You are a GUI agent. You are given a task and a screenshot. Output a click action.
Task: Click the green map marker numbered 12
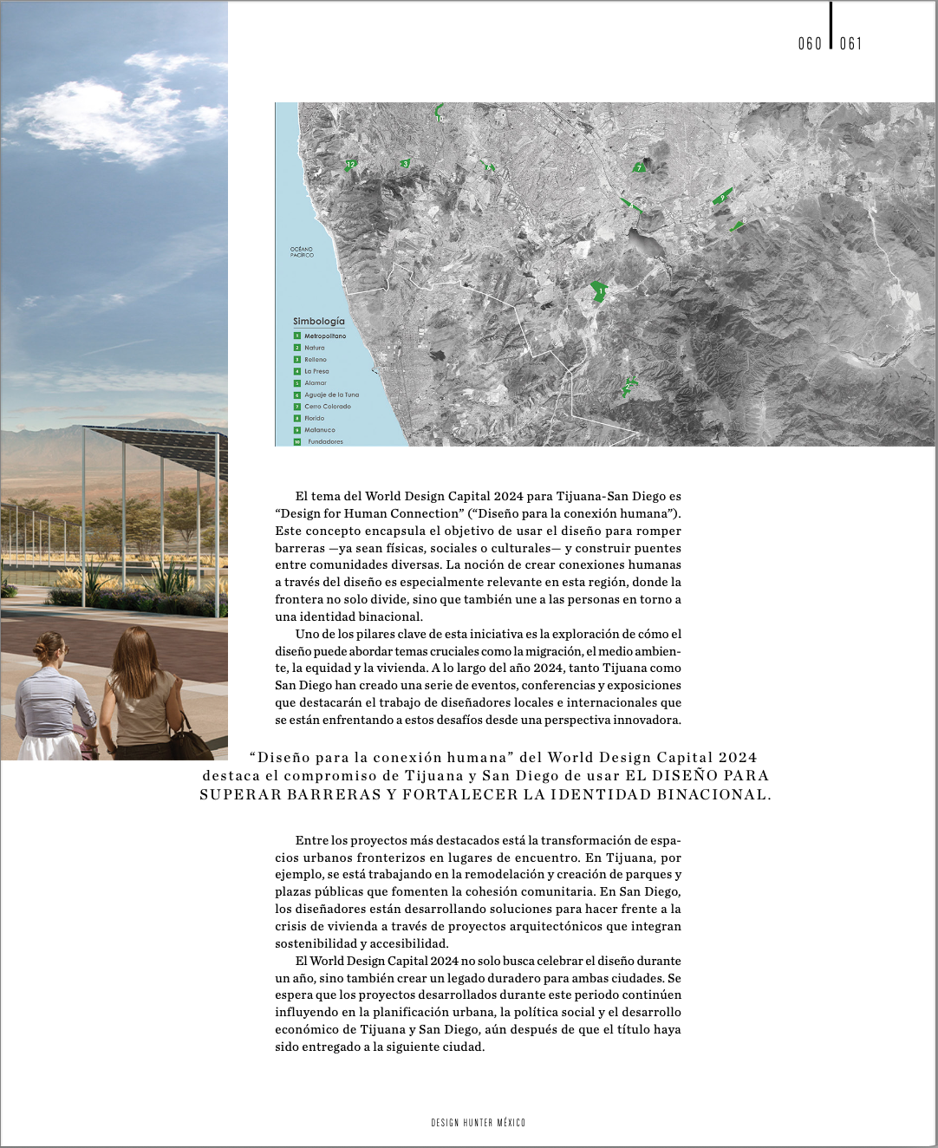tap(350, 164)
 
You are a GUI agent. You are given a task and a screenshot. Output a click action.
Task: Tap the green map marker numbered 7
tap(639, 168)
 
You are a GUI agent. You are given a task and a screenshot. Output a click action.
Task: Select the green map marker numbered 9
tap(721, 198)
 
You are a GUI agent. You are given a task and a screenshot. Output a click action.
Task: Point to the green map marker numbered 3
tap(405, 163)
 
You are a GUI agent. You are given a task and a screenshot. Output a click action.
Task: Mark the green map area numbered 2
tap(628, 387)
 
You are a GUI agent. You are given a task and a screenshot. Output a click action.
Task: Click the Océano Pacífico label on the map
tap(302, 252)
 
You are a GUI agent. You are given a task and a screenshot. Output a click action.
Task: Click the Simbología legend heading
tap(318, 321)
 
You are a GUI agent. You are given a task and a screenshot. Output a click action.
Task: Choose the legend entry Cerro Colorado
tap(327, 407)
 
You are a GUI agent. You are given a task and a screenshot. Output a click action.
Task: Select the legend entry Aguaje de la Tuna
tap(331, 395)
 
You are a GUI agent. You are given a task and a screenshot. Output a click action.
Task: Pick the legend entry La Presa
tap(316, 371)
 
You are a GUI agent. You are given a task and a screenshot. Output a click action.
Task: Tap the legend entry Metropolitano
tap(324, 336)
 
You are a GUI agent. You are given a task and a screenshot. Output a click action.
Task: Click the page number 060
tap(810, 43)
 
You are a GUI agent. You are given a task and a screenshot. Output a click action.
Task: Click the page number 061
tap(850, 43)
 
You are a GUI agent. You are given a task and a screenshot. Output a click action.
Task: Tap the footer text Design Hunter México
tap(478, 1123)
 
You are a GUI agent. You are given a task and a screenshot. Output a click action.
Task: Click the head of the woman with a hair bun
tap(49, 649)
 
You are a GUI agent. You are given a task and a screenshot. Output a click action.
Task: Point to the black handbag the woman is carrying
tap(189, 742)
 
